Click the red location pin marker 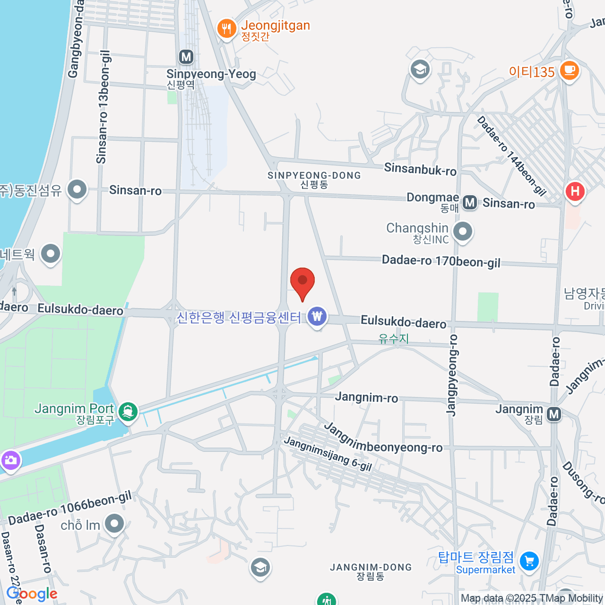point(302,281)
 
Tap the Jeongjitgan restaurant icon point(227,29)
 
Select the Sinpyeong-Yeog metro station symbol point(187,56)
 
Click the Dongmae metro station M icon point(470,203)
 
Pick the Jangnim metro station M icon point(554,414)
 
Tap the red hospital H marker point(574,192)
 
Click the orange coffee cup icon point(570,70)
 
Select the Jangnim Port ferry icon point(129,411)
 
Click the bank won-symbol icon point(317,317)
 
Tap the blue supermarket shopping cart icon point(529,560)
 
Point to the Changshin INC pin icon point(462,232)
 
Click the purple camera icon point(10,460)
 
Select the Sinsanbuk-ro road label point(420,169)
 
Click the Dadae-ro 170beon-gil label point(441,261)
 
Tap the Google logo point(32,594)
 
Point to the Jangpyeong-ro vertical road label point(452,375)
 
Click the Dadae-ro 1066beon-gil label point(70,508)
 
